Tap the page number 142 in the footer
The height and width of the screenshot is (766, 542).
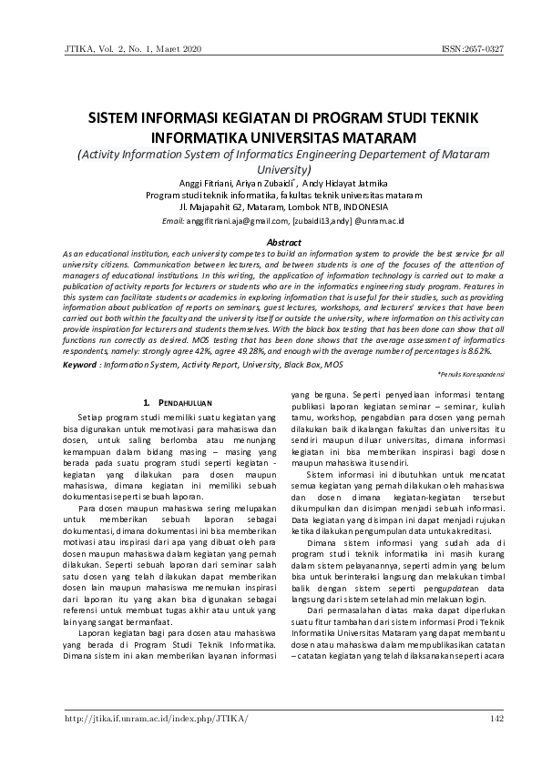point(496,719)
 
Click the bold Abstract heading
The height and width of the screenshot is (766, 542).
point(282,241)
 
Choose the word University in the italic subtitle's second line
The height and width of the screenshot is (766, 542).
point(283,169)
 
